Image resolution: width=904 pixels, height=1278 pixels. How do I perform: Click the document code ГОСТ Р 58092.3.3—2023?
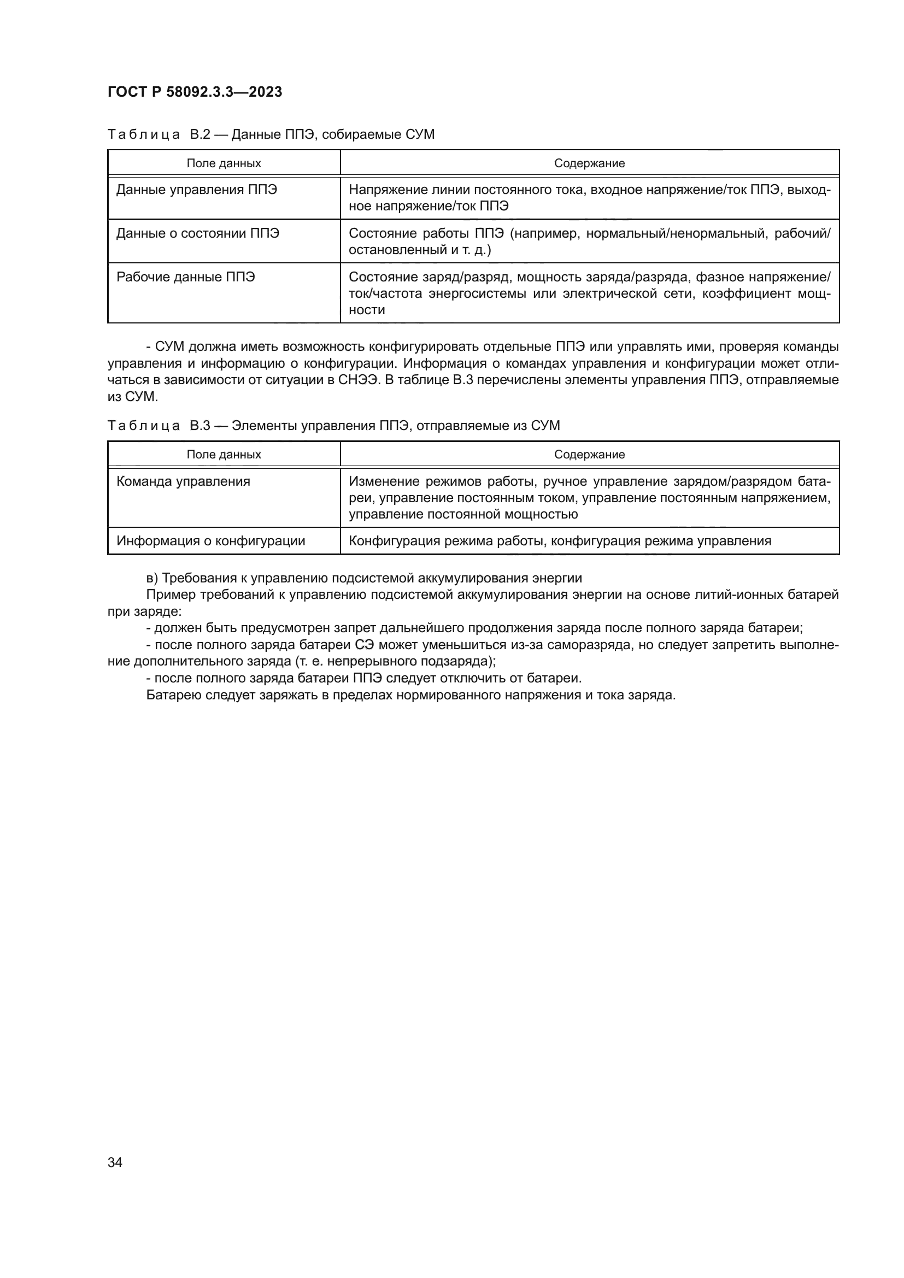[x=195, y=92]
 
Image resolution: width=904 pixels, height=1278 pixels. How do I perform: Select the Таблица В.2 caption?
[x=271, y=134]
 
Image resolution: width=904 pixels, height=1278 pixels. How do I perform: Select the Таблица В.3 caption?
[x=333, y=425]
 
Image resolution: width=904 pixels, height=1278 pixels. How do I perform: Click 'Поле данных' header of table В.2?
[x=224, y=163]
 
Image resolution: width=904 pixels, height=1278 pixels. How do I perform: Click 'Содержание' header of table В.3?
[x=590, y=454]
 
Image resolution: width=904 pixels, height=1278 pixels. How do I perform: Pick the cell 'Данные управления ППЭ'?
[x=197, y=190]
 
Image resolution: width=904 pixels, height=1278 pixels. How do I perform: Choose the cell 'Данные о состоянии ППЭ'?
[x=198, y=233]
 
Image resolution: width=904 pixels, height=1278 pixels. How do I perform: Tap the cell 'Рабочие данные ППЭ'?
[x=185, y=276]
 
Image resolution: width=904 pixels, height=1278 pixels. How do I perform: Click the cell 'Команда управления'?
[x=183, y=481]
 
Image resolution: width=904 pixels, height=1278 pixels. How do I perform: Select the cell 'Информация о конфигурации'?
[x=210, y=540]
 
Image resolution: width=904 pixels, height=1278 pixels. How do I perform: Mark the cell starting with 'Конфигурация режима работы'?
[x=560, y=540]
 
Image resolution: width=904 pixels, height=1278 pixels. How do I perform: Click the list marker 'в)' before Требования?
[x=152, y=578]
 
